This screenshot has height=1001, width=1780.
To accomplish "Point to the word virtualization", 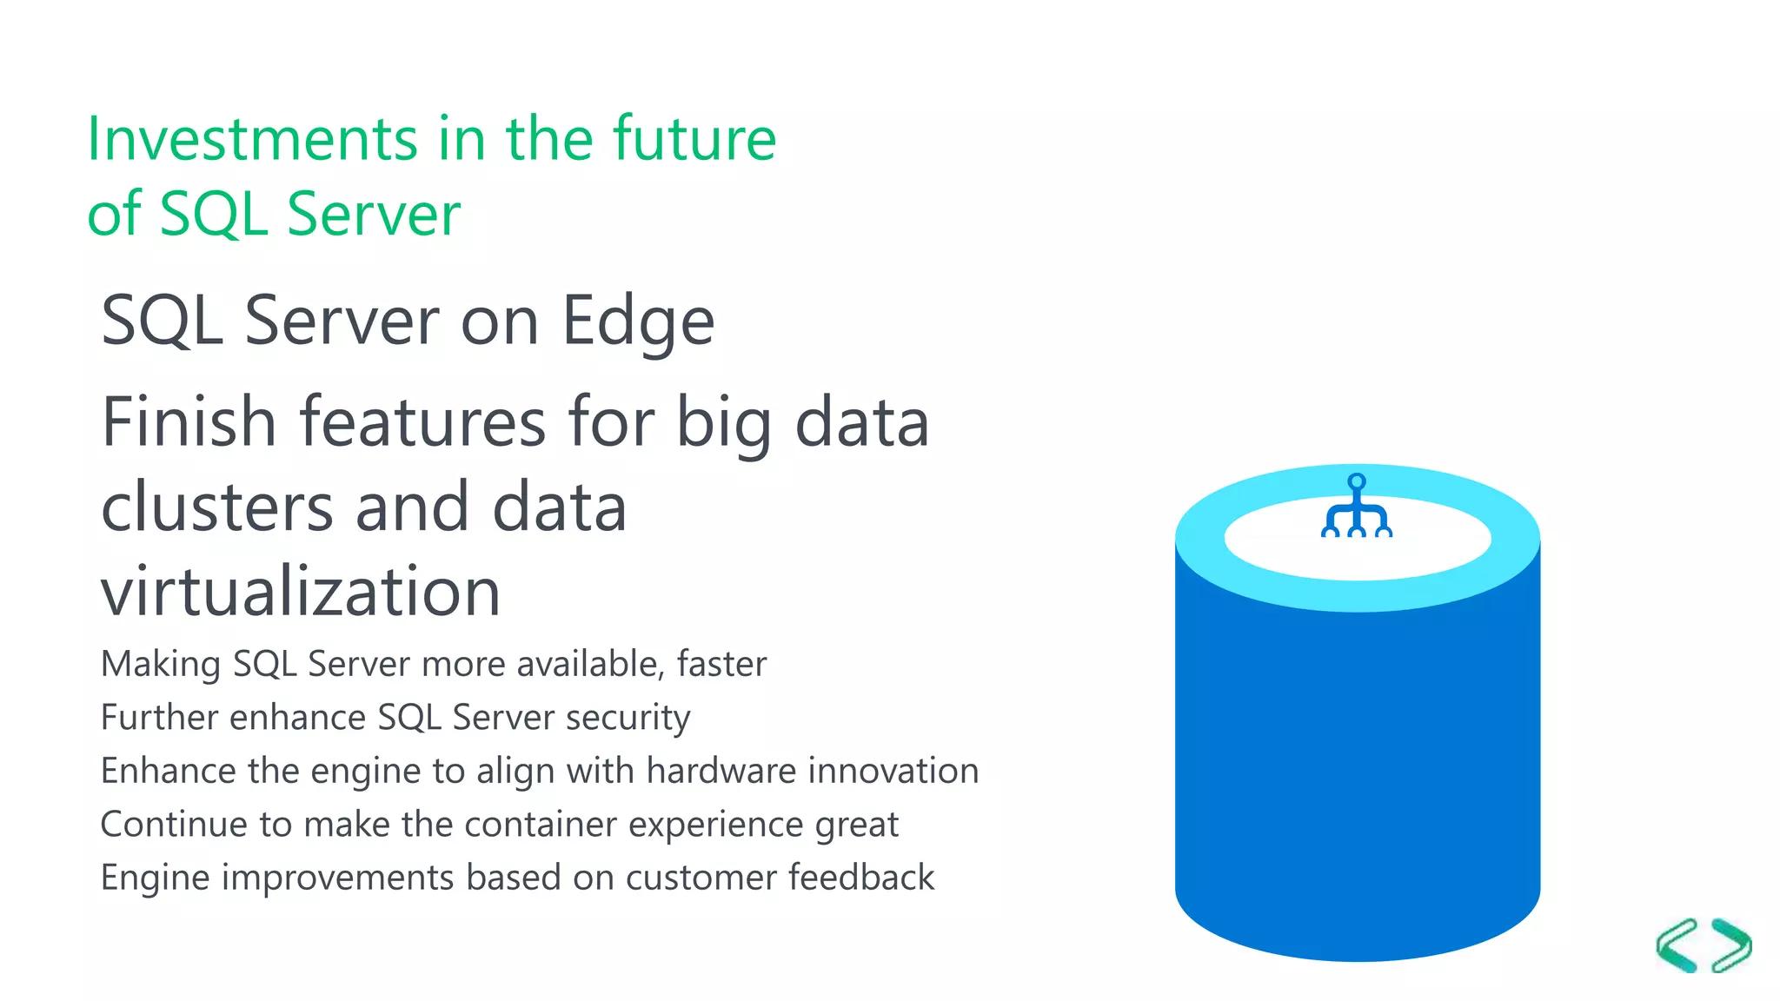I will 301,592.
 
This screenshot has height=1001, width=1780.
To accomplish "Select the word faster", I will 721,664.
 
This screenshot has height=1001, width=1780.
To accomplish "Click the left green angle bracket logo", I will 1677,945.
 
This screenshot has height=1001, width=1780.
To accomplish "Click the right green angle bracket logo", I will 1732,945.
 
